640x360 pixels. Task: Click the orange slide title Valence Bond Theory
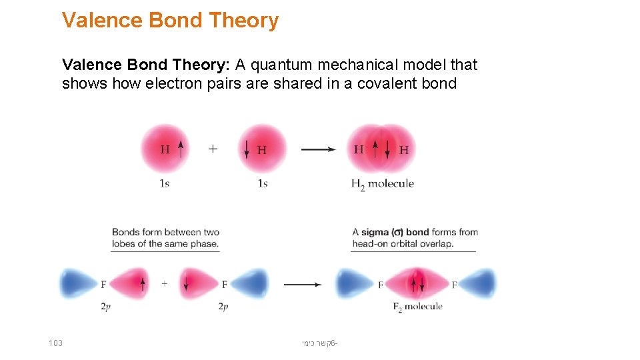pyautogui.click(x=170, y=21)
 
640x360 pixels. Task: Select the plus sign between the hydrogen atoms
pyautogui.click(x=213, y=149)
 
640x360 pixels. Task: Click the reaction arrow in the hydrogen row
pyautogui.click(x=318, y=149)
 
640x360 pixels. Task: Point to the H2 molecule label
pyautogui.click(x=382, y=184)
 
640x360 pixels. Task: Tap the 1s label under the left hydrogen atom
pyautogui.click(x=164, y=183)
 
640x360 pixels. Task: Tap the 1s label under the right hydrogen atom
pyautogui.click(x=262, y=183)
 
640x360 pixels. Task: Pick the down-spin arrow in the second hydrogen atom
pyautogui.click(x=247, y=149)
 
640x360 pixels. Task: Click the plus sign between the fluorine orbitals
pyautogui.click(x=165, y=284)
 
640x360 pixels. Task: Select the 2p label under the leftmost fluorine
pyautogui.click(x=105, y=307)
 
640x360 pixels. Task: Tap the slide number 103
pyautogui.click(x=55, y=343)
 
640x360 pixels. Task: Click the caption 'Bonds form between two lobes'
pyautogui.click(x=165, y=238)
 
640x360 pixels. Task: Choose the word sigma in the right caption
pyautogui.click(x=374, y=232)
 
